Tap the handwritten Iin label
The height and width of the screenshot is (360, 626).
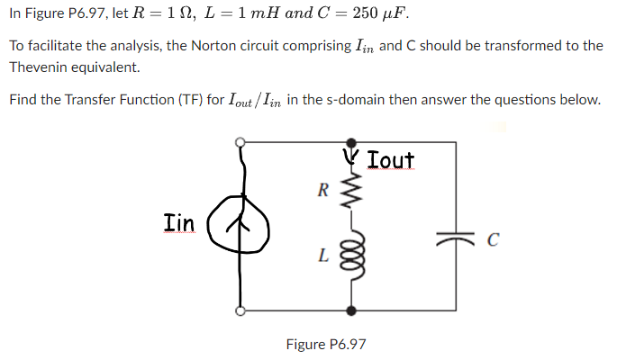click(178, 220)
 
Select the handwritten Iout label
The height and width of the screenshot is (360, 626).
click(391, 160)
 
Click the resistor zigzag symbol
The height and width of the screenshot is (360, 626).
click(351, 190)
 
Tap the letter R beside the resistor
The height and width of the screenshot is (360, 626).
click(322, 190)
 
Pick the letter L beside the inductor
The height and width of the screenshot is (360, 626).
click(322, 256)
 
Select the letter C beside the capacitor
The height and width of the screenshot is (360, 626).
click(492, 239)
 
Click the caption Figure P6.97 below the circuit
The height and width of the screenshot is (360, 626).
click(326, 344)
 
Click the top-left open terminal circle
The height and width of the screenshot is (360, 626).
click(240, 142)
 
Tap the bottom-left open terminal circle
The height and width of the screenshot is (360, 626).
click(240, 310)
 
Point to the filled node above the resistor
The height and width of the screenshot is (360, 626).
click(351, 142)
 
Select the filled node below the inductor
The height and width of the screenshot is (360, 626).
click(351, 310)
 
